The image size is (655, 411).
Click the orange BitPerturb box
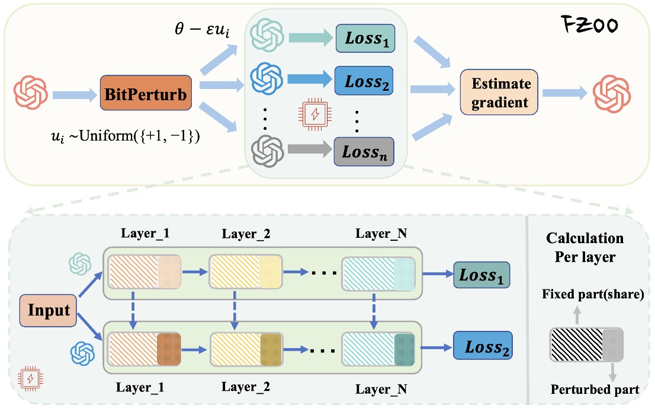(146, 94)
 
